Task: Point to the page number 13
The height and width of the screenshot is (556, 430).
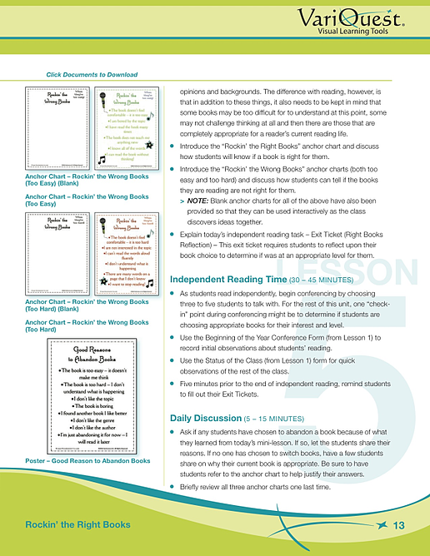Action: click(397, 525)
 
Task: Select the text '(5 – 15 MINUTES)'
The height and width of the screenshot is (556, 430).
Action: click(283, 416)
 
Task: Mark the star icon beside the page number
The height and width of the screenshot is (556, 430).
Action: click(381, 524)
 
